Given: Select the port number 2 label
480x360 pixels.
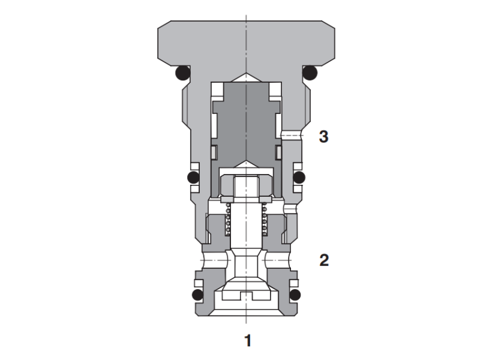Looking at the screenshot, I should click(x=323, y=261).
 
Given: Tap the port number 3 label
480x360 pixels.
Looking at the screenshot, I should click(x=323, y=137).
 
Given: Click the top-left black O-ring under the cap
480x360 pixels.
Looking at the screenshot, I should click(x=182, y=73).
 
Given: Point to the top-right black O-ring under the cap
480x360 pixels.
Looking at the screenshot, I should click(x=310, y=73).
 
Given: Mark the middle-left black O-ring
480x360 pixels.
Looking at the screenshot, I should click(x=194, y=178).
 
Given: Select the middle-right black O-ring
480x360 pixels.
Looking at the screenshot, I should click(x=298, y=178).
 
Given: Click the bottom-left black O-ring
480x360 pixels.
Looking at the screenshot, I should click(x=196, y=295).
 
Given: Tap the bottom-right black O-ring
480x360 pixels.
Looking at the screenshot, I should click(x=296, y=295).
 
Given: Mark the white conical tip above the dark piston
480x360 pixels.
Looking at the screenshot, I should click(x=246, y=79).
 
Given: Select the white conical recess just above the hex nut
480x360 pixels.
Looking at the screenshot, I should click(x=246, y=165).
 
